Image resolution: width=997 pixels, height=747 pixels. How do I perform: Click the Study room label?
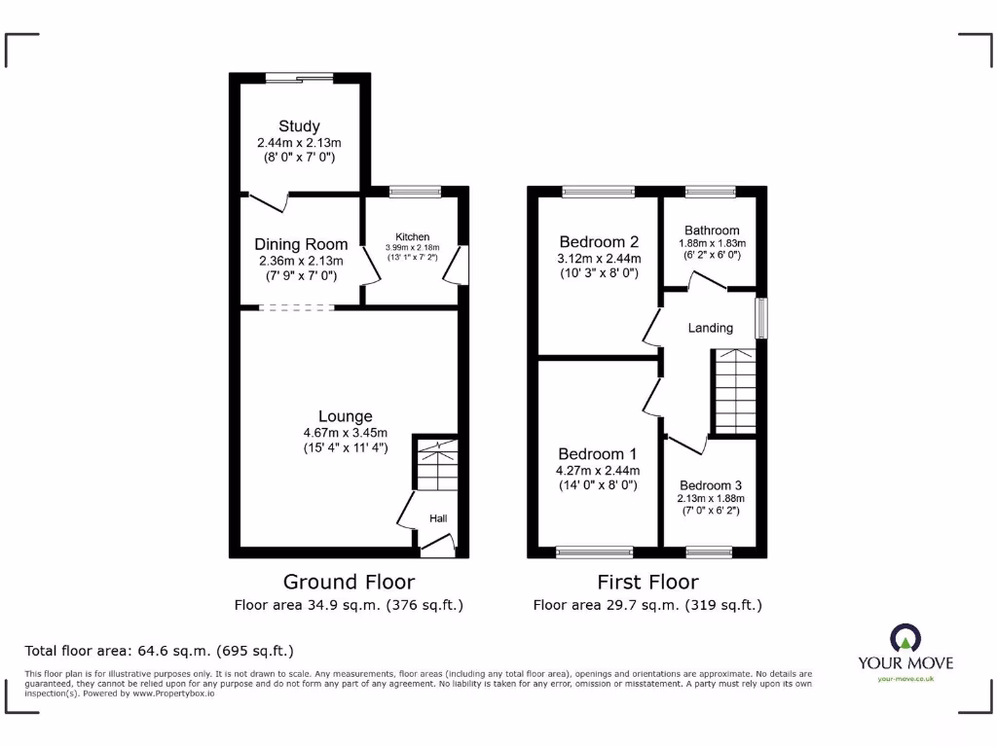click(x=299, y=126)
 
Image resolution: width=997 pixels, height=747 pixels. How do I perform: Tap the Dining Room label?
click(x=301, y=245)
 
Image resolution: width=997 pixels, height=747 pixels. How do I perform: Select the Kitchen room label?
click(x=412, y=237)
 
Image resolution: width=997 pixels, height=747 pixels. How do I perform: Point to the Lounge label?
click(x=345, y=417)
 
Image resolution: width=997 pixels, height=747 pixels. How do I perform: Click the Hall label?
click(x=438, y=519)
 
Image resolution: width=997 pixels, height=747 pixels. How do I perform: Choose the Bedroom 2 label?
click(x=599, y=242)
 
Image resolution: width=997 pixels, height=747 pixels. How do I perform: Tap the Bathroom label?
click(x=711, y=231)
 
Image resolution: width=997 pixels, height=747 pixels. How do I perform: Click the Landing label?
click(x=710, y=328)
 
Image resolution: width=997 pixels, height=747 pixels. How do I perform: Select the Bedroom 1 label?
click(x=598, y=454)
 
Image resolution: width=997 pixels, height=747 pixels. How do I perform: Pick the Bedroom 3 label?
click(x=711, y=485)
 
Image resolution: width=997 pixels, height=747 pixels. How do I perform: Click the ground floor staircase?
click(x=435, y=464)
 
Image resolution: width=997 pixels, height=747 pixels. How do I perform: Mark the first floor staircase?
click(x=735, y=391)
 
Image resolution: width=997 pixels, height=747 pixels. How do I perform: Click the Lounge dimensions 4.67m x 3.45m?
click(x=345, y=434)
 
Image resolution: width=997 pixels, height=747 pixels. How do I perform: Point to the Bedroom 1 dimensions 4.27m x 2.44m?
click(x=598, y=471)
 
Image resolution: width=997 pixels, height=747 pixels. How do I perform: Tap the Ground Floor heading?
click(x=349, y=582)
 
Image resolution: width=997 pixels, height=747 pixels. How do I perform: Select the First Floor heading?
click(x=647, y=582)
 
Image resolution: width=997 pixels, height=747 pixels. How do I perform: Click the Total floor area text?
click(x=159, y=651)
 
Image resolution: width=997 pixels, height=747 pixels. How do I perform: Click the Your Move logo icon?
click(x=905, y=638)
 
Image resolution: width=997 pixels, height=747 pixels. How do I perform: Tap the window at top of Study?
click(x=299, y=79)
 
